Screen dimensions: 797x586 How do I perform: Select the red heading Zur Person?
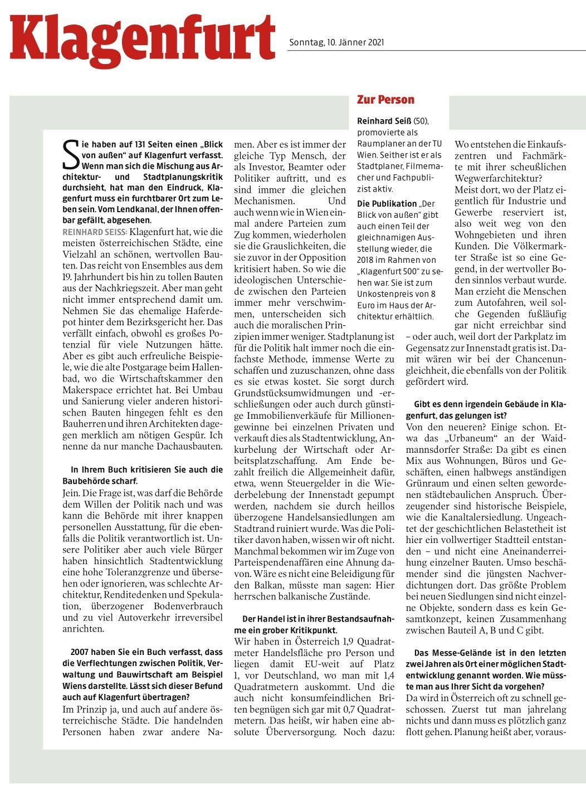pyautogui.click(x=385, y=100)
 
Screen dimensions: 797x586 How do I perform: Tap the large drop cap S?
pyautogui.click(x=71, y=154)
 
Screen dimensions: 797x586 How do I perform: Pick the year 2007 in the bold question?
pyautogui.click(x=80, y=652)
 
